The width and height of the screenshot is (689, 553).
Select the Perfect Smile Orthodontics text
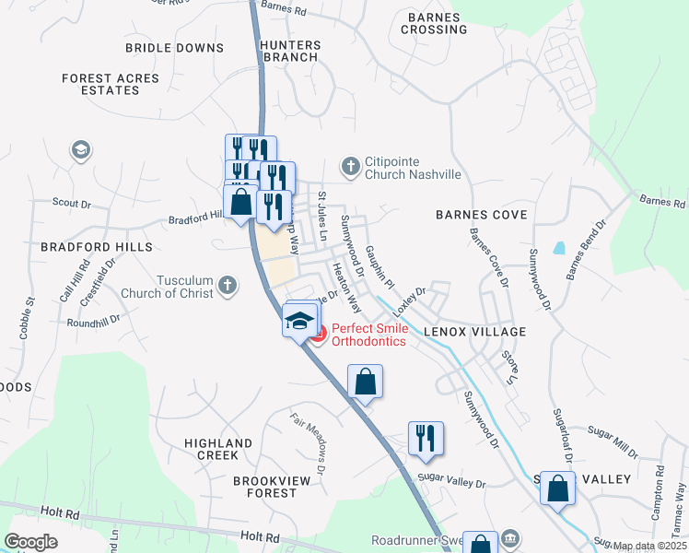click(368, 335)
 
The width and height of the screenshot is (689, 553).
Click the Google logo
click(31, 541)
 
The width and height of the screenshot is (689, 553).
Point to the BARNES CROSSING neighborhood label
click(434, 23)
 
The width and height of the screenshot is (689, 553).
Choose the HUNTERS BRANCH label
click(290, 51)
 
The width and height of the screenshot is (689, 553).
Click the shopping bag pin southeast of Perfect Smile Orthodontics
click(365, 381)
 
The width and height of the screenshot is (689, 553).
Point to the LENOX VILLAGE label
click(474, 331)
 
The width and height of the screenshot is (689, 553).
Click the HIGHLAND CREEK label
click(217, 449)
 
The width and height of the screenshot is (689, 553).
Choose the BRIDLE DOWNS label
click(175, 47)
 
